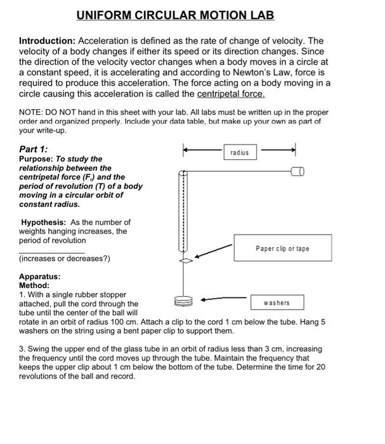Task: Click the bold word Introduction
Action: [46, 41]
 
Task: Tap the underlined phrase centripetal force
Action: [231, 94]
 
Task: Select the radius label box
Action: [240, 153]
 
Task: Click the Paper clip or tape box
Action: [282, 249]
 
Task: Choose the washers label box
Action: [277, 303]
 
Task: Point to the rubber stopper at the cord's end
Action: [297, 171]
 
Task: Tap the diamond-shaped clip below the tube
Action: [185, 261]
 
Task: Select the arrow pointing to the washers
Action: [223, 298]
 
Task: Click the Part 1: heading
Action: [34, 149]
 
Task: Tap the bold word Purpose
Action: [37, 159]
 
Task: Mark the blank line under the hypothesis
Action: [42, 252]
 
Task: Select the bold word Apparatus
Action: [39, 277]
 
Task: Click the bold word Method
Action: [34, 285]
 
